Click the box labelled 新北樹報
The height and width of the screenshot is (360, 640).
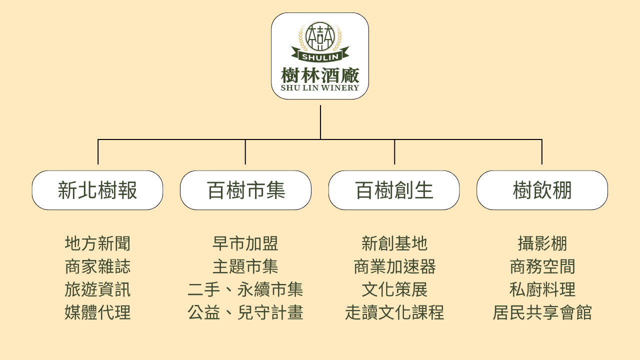click(97, 190)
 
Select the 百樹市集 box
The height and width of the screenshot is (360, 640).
click(245, 190)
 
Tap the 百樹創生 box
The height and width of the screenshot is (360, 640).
click(394, 190)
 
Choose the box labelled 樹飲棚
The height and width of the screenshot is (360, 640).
click(542, 190)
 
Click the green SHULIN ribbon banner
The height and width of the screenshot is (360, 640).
click(320, 55)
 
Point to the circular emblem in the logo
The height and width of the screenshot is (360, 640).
click(320, 36)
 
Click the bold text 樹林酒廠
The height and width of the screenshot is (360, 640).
click(320, 75)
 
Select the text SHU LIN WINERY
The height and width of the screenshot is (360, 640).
click(320, 88)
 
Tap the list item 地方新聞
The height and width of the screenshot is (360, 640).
click(97, 243)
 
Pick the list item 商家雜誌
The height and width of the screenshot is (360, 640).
click(97, 266)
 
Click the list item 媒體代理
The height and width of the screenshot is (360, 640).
click(97, 312)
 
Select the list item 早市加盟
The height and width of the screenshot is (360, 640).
click(245, 243)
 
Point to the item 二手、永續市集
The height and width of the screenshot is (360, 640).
click(245, 289)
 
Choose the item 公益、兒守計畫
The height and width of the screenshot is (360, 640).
click(245, 312)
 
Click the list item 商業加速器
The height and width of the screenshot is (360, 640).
click(394, 266)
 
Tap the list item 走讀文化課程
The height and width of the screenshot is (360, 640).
click(394, 312)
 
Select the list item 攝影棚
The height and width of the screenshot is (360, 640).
click(542, 243)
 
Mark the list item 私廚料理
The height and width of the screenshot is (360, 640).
click(542, 289)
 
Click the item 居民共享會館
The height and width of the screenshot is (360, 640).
click(542, 312)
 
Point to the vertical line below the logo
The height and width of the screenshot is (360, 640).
click(320, 122)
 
